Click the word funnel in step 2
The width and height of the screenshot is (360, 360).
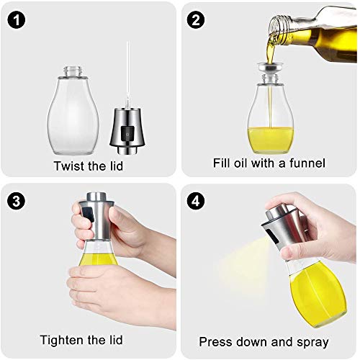click(x=306, y=163)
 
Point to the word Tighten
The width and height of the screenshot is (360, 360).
click(x=61, y=339)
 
